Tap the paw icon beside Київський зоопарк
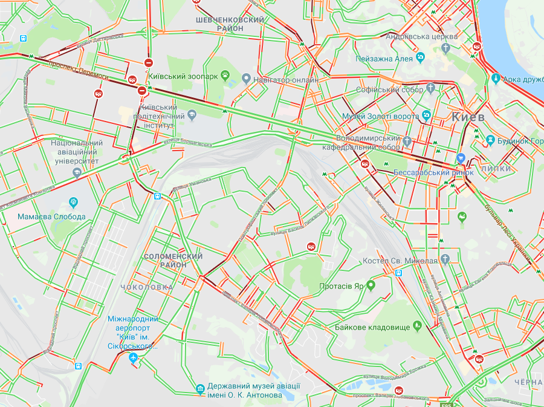click(225, 76)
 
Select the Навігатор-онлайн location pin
click(246, 79)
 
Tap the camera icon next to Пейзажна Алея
click(421, 58)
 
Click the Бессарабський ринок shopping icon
click(461, 159)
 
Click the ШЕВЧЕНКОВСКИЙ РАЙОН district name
click(230, 24)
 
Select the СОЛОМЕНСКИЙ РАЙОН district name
click(173, 261)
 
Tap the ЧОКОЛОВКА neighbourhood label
click(147, 287)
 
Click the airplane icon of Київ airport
click(134, 359)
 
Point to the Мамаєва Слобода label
click(43, 217)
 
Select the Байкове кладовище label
click(372, 327)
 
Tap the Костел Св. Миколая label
click(400, 261)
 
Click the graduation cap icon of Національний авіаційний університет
click(76, 172)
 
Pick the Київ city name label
click(468, 117)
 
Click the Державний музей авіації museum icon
click(200, 389)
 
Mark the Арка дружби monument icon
click(496, 78)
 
